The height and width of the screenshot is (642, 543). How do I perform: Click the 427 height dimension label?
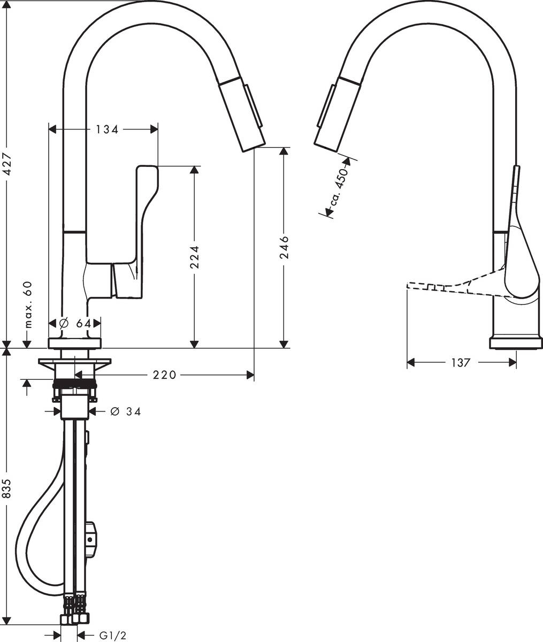(6, 164)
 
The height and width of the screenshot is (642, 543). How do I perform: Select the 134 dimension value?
(107, 129)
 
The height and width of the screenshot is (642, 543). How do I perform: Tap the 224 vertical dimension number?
(194, 257)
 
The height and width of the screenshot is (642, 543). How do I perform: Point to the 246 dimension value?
(284, 247)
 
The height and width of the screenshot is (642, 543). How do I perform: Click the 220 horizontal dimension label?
(164, 375)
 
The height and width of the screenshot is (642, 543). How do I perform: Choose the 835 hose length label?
(6, 488)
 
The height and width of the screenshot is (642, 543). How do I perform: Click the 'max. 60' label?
(28, 305)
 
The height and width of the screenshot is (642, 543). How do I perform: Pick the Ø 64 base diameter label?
(75, 323)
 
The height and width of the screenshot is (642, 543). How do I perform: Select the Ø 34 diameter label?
(126, 411)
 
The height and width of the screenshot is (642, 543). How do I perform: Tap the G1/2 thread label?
(113, 633)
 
